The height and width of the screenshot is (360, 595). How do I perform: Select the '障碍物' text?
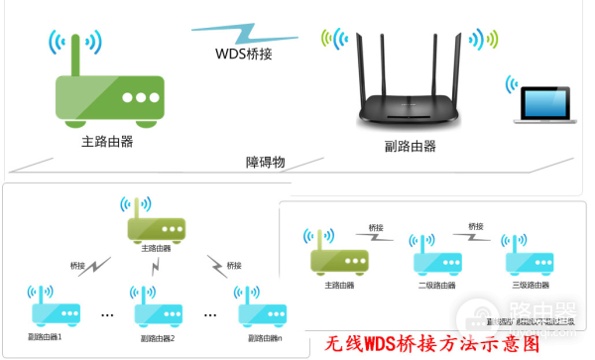(266, 162)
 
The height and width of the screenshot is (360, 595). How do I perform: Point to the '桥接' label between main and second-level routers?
(377, 228)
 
